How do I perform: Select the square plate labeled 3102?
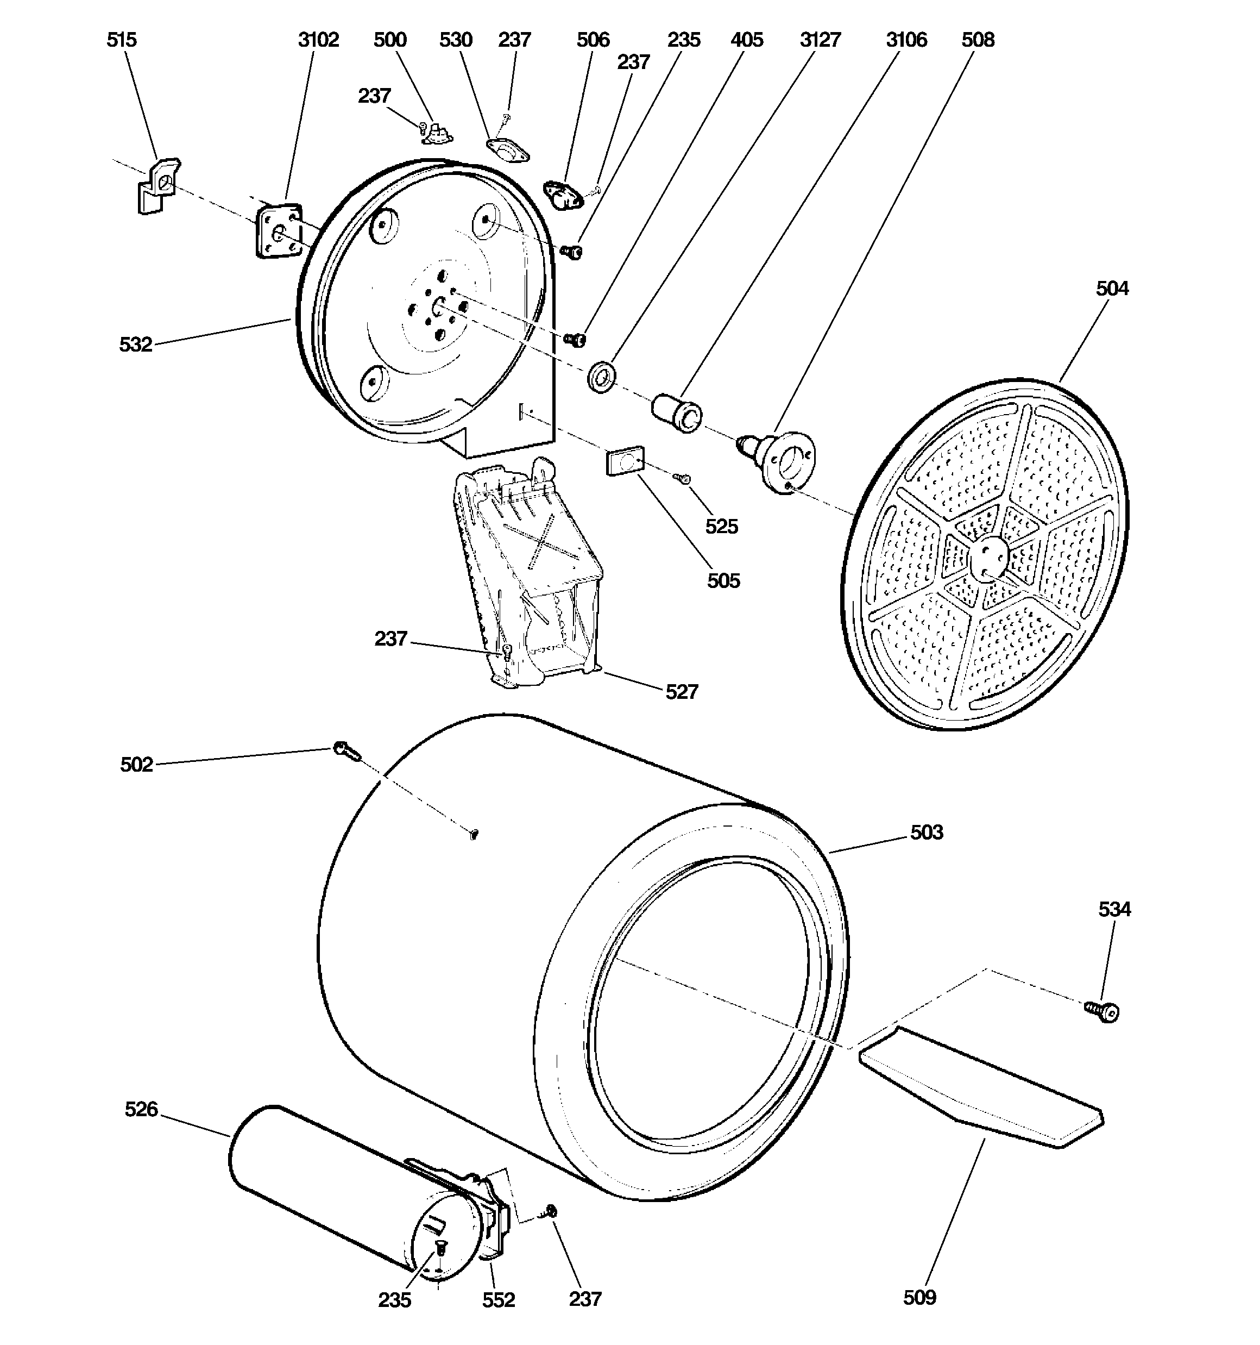pyautogui.click(x=278, y=232)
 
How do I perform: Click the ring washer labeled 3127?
pyautogui.click(x=601, y=377)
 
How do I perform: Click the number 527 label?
pyautogui.click(x=681, y=691)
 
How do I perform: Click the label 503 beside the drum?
pyautogui.click(x=926, y=832)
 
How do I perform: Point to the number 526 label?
pyautogui.click(x=141, y=1110)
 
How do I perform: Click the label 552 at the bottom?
pyautogui.click(x=498, y=1300)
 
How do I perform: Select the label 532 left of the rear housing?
pyautogui.click(x=135, y=345)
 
